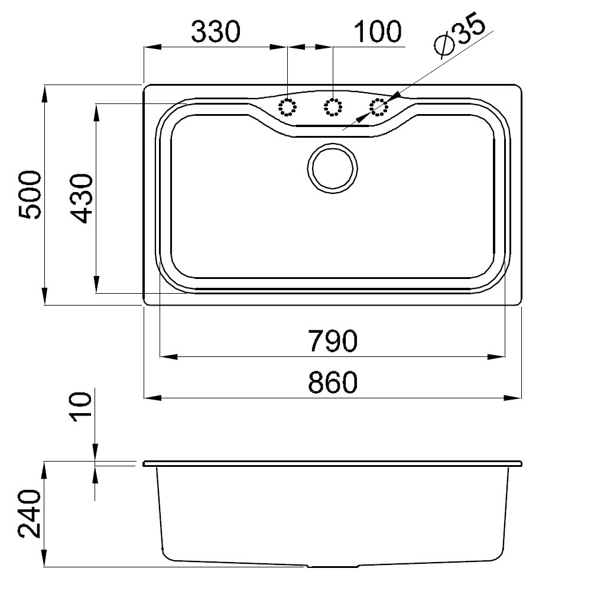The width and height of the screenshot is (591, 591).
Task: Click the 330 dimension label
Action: pos(216,32)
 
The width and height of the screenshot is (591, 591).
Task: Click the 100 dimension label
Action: pos(378,32)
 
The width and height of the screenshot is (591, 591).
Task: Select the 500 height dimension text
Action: pos(30,195)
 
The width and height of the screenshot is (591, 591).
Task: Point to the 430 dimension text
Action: pos(82,198)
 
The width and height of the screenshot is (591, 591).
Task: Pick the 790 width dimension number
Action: pos(332,341)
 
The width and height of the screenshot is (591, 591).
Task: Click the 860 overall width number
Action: pos(332,382)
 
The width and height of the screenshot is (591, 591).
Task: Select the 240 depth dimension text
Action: pos(30,514)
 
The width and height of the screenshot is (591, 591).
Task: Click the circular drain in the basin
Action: pos(332,168)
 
